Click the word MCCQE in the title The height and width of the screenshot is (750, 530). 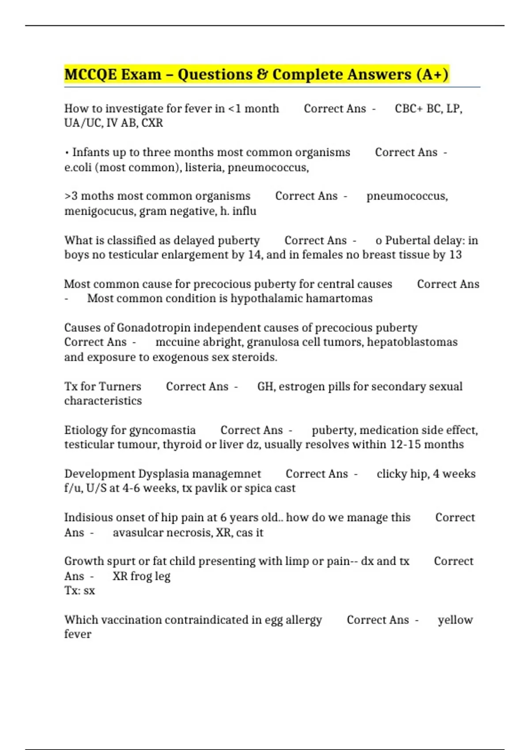pyautogui.click(x=90, y=75)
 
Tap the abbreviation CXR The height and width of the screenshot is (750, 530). pyautogui.click(x=152, y=123)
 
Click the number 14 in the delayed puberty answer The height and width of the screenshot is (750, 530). pyautogui.click(x=254, y=255)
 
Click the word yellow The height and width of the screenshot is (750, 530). pyautogui.click(x=455, y=620)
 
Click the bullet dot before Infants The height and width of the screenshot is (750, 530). pyautogui.click(x=67, y=153)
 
